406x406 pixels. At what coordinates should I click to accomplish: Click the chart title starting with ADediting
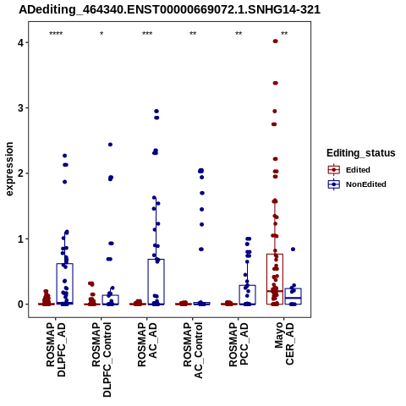click(169, 10)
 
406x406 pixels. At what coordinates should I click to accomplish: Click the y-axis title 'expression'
click(9, 169)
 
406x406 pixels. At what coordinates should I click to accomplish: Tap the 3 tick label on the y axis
click(21, 108)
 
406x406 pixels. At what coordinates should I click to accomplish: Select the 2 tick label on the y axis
click(21, 173)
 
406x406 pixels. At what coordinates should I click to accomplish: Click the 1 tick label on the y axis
click(21, 239)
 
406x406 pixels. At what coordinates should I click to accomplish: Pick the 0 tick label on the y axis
click(21, 304)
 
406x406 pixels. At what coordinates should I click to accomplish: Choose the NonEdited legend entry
click(357, 184)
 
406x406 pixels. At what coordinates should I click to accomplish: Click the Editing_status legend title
click(361, 153)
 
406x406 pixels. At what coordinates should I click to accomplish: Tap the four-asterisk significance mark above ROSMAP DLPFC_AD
click(56, 34)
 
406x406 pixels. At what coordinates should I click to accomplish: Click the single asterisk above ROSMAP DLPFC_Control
click(101, 34)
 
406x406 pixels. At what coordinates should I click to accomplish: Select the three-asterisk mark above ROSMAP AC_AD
click(147, 34)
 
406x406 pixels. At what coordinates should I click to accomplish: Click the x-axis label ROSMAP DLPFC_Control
click(101, 359)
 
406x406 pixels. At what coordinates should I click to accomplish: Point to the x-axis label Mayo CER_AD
click(284, 343)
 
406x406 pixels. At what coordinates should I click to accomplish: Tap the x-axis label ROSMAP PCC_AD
click(239, 344)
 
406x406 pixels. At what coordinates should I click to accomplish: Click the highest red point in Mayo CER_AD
click(276, 41)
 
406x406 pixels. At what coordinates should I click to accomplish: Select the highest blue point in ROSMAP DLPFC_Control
click(110, 145)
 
